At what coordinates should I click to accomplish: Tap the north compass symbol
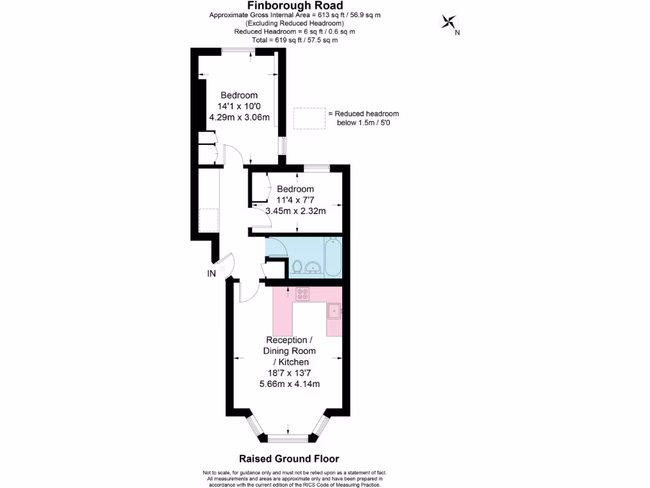coord(450,23)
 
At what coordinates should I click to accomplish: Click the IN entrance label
coord(211,274)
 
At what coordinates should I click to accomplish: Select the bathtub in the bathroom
coord(333,257)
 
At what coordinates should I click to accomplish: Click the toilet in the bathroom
coord(296,266)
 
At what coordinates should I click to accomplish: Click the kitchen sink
coord(335,311)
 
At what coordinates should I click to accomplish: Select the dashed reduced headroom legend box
coord(310,118)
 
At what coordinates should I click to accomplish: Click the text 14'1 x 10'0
coord(239,106)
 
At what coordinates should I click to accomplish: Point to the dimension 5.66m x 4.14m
coord(289,384)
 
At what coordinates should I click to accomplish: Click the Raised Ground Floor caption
coord(289,459)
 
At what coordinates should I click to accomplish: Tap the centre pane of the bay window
coord(288,438)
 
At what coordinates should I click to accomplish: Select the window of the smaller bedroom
coord(316,168)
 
